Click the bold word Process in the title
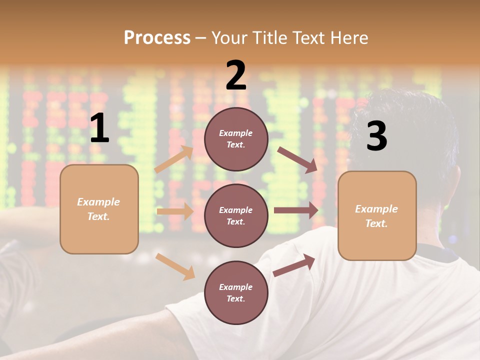pos(157,37)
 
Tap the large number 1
pos(99,128)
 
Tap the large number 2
pos(236,75)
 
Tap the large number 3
pos(376,136)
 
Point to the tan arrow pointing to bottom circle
pos(175,266)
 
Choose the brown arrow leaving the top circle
pos(297,160)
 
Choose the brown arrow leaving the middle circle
pos(296,210)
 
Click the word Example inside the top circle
pos(235,133)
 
